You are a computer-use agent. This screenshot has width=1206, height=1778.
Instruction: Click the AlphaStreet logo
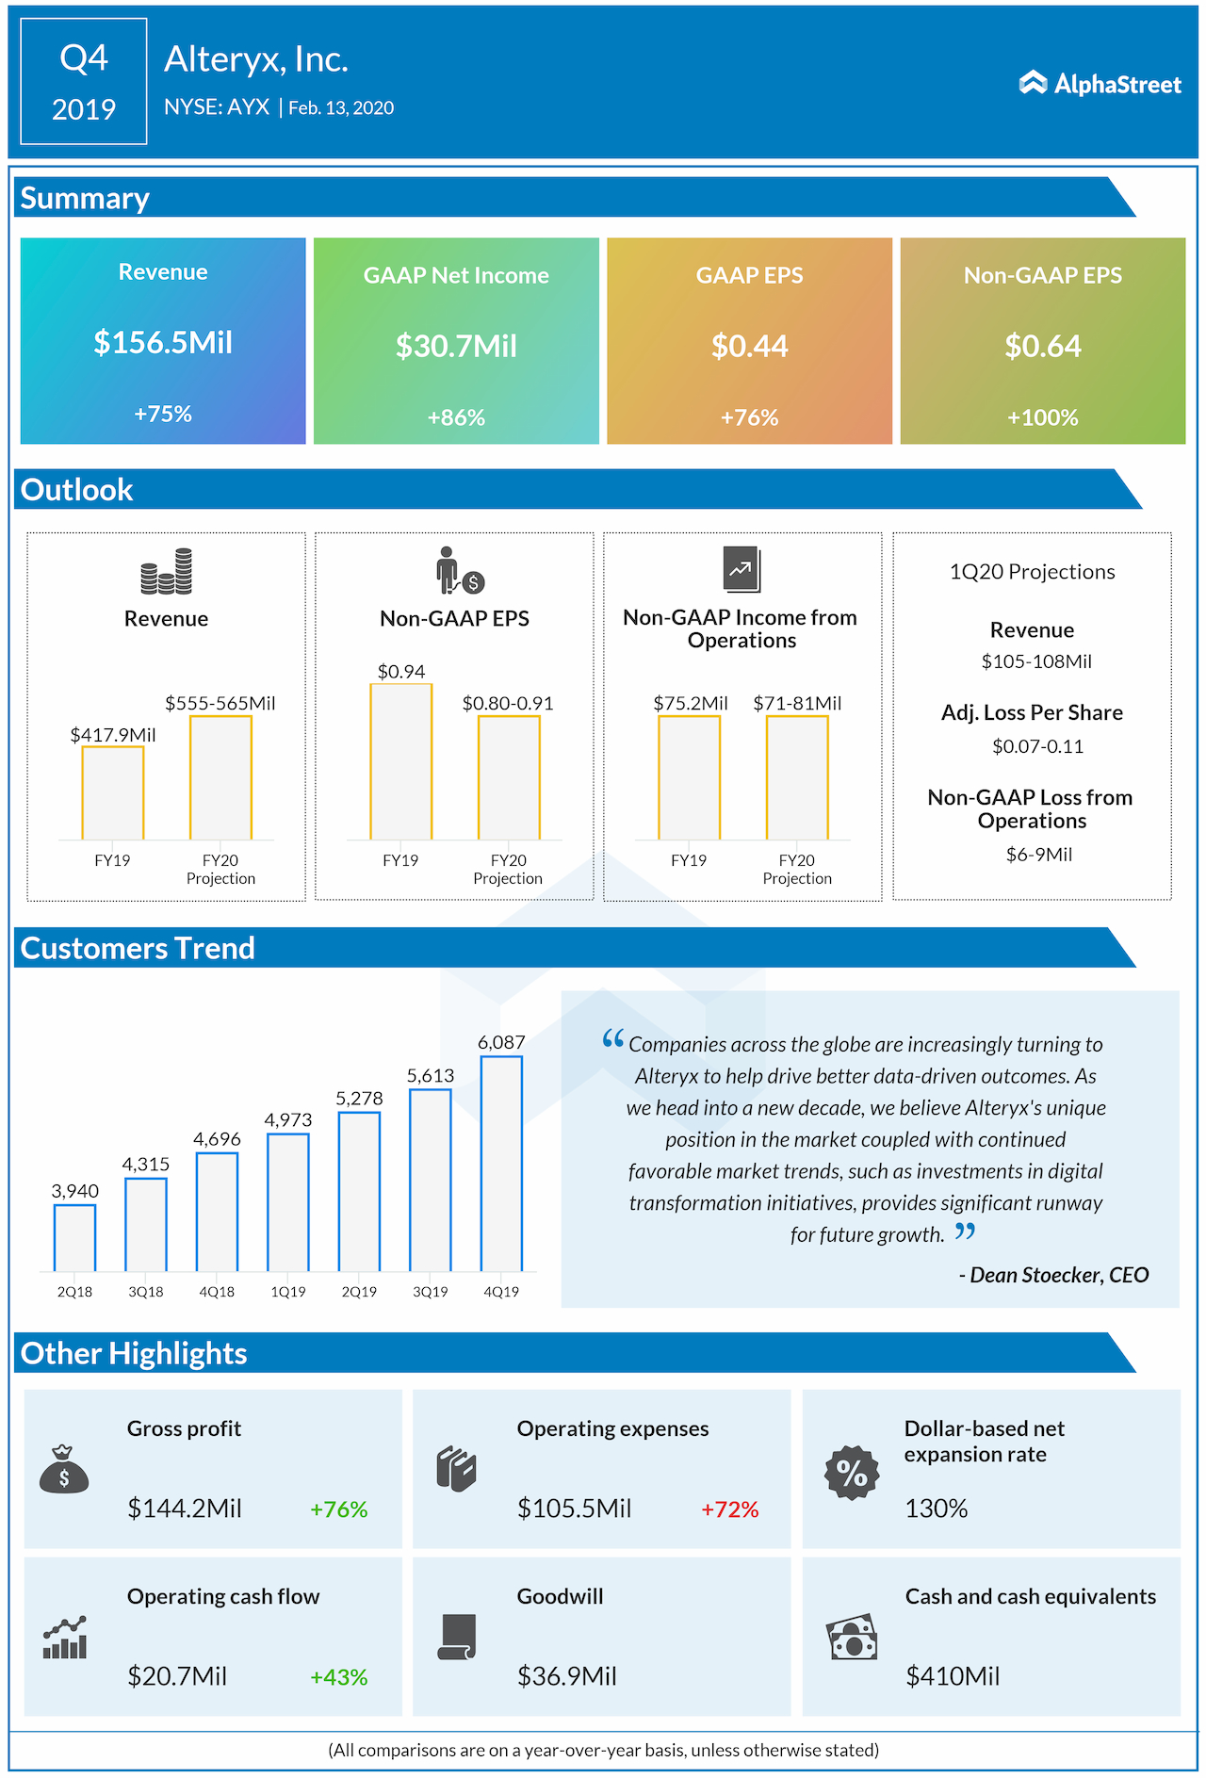[x=1100, y=84]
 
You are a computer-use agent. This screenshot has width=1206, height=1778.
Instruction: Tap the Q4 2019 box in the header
[x=84, y=82]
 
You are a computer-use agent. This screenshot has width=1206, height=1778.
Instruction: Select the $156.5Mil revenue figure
[x=163, y=342]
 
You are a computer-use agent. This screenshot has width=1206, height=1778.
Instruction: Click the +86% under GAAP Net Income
[x=456, y=417]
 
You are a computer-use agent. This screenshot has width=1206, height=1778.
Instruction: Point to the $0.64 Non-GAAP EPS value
[x=1042, y=346]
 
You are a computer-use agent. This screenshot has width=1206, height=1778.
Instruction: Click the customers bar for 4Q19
[x=501, y=1164]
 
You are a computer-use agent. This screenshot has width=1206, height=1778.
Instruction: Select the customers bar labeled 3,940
[x=74, y=1238]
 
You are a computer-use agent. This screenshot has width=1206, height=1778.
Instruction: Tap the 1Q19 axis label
[x=288, y=1292]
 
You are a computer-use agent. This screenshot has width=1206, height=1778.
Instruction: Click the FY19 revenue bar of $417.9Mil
[x=112, y=792]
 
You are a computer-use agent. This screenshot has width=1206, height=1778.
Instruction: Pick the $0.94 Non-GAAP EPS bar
[x=401, y=761]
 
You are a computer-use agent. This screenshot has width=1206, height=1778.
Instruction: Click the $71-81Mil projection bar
[x=797, y=777]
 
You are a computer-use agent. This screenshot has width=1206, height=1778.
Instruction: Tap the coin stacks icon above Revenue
[x=167, y=571]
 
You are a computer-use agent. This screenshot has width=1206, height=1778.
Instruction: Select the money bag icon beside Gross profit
[x=64, y=1469]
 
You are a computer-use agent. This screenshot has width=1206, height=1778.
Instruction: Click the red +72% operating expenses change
[x=729, y=1509]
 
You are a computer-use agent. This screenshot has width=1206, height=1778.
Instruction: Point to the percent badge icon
[x=852, y=1473]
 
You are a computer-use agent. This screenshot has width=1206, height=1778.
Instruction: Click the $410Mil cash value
[x=953, y=1676]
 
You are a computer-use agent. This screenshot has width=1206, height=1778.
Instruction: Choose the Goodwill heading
[x=560, y=1596]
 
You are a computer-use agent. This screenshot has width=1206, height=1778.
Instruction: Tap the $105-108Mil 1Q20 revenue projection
[x=1036, y=661]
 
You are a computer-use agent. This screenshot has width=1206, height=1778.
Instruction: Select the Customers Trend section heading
[x=138, y=948]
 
